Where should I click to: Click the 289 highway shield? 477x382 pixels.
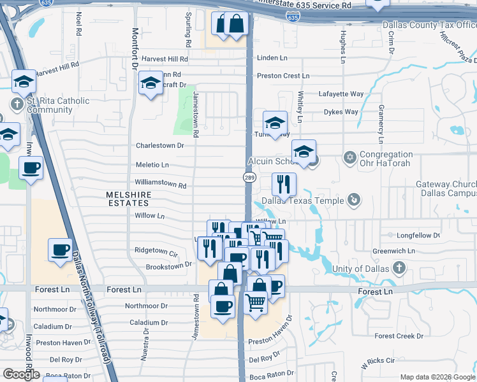[246, 177]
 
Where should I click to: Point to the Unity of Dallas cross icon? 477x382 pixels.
[399, 267]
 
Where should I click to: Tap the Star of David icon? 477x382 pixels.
[349, 157]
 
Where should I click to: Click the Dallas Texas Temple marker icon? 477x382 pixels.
[353, 201]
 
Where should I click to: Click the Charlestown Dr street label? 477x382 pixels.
[160, 145]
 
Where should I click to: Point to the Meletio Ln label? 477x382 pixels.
[152, 165]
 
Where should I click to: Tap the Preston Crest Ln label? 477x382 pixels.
[283, 76]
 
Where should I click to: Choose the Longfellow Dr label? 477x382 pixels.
[418, 236]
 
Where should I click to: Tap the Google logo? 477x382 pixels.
[21, 374]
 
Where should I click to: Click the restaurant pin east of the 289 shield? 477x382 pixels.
[284, 184]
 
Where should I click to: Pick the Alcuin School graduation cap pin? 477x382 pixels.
[304, 152]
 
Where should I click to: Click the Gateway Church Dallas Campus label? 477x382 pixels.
[446, 188]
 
